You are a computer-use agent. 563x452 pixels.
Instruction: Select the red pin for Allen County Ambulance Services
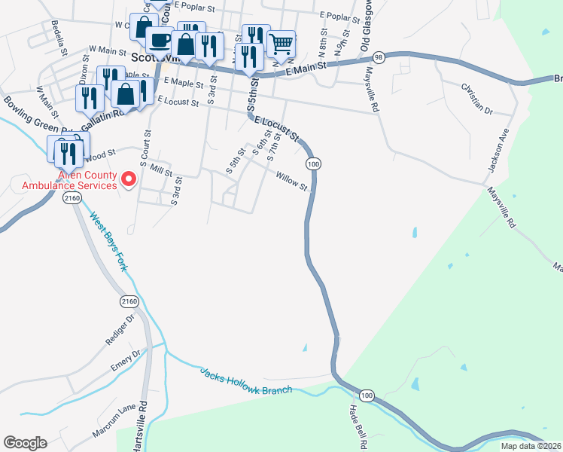[x=128, y=179]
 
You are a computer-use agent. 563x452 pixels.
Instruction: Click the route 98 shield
[x=379, y=57]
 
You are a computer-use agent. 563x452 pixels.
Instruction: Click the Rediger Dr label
[x=119, y=330]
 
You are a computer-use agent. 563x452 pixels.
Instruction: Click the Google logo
[x=25, y=443]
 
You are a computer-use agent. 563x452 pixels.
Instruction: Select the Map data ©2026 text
[x=531, y=446]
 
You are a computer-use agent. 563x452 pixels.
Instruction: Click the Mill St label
[x=161, y=171]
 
